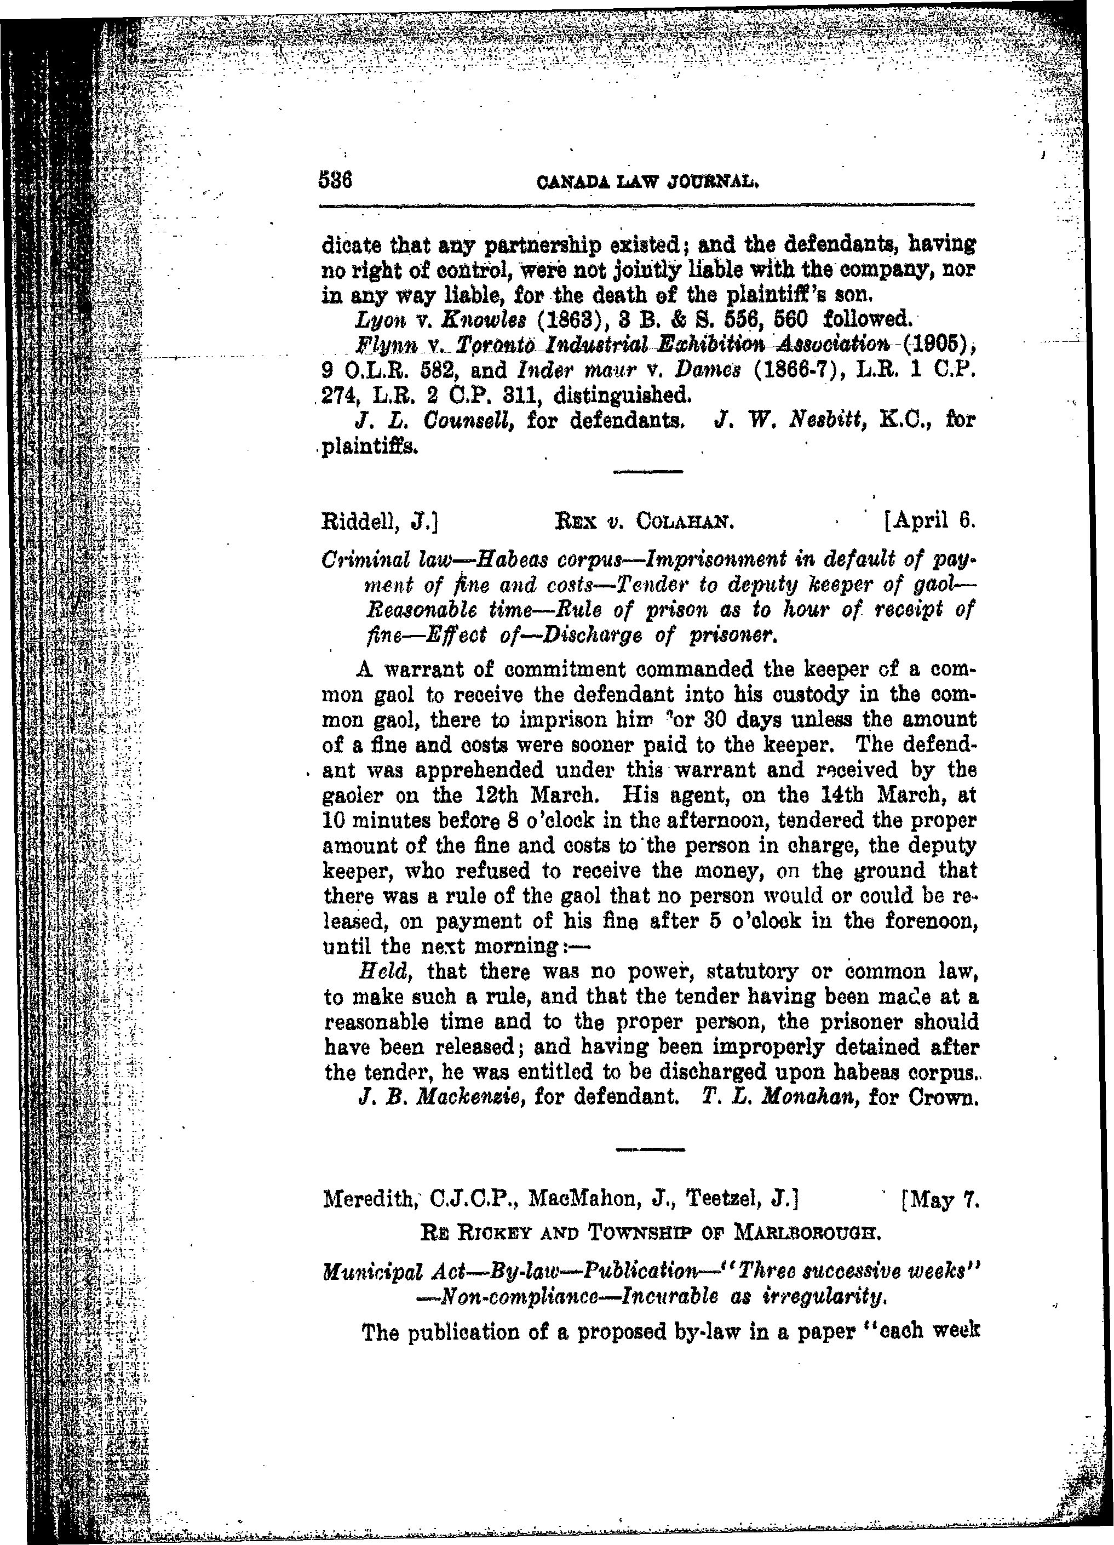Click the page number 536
click(334, 182)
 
